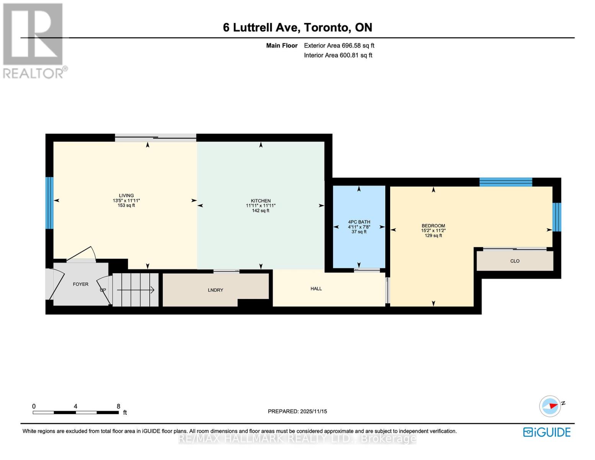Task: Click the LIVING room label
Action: tap(126, 195)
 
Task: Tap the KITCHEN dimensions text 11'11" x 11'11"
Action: tap(261, 206)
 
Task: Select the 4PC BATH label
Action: tap(359, 222)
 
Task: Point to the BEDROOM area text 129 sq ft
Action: tap(433, 236)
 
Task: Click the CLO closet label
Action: tap(515, 261)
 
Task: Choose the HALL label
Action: tap(316, 289)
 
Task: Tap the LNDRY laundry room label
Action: tap(215, 290)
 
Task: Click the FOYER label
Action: tap(80, 284)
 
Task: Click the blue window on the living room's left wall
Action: tap(49, 203)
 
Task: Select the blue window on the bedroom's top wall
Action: tap(505, 182)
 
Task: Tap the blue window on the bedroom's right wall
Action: tap(556, 217)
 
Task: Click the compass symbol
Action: tap(551, 406)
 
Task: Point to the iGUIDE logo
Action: tap(547, 432)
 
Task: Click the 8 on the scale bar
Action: tap(118, 406)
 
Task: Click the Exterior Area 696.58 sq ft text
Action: tap(339, 46)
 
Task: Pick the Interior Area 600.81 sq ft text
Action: tap(338, 55)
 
